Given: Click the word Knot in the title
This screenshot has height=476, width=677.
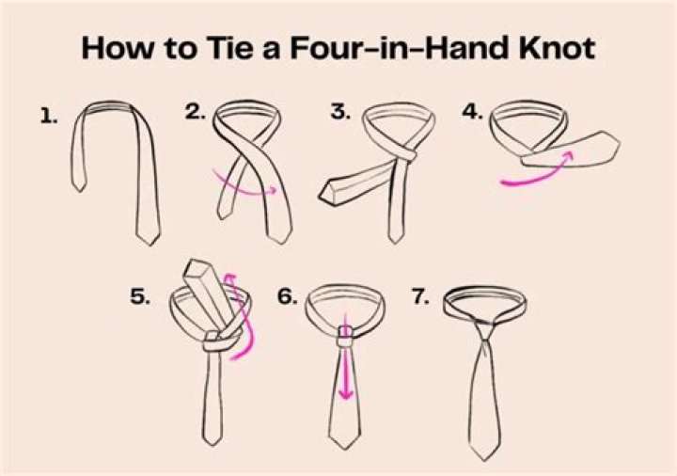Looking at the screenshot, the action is click(557, 48).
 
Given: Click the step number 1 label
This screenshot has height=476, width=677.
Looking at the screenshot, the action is click(49, 117).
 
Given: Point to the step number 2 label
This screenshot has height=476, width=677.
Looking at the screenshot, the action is click(196, 112).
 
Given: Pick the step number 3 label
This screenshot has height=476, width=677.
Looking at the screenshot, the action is click(340, 112).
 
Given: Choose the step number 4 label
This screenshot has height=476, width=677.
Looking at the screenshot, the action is click(472, 112).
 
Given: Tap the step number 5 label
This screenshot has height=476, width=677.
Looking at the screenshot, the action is click(140, 296).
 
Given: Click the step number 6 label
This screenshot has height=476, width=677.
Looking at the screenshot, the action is click(287, 296).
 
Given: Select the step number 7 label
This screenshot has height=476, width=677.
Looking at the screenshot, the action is click(420, 296).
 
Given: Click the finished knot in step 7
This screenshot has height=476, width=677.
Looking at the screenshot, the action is click(486, 333).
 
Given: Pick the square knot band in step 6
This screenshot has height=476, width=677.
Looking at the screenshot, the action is click(346, 336).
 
